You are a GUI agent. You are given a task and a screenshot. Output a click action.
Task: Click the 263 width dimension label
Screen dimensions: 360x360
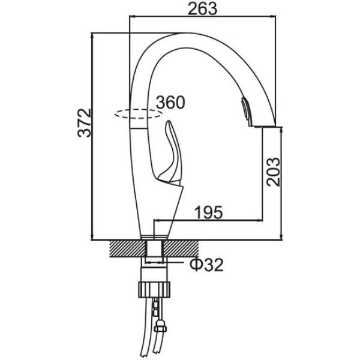tap(202, 9)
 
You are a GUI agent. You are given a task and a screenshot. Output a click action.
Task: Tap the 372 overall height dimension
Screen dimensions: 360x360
tap(85, 123)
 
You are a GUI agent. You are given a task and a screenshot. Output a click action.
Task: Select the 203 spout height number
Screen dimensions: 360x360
tap(274, 172)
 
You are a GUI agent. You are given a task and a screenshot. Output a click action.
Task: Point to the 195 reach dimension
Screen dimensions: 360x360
tap(208, 212)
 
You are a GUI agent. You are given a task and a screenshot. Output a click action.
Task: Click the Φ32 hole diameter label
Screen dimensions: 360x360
tap(206, 265)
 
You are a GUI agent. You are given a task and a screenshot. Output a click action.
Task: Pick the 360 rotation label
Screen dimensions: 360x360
tap(170, 103)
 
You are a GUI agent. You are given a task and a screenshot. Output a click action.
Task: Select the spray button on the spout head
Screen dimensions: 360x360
tap(245, 110)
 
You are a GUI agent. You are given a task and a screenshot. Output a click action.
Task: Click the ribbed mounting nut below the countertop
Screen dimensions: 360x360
tap(155, 290)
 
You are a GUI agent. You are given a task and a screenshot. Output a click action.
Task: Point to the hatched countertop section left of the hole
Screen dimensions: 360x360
tap(128, 248)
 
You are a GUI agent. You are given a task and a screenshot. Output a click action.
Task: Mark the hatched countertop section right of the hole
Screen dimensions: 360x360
tap(181, 248)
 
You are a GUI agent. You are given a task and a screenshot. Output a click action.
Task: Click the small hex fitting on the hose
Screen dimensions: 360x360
tap(160, 327)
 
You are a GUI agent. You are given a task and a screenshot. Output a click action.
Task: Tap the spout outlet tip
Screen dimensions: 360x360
tap(263, 126)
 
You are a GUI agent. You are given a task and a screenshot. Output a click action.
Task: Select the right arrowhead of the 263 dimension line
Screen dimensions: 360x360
tap(273, 16)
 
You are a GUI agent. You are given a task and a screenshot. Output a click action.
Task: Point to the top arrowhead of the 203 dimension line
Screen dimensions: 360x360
tap(281, 130)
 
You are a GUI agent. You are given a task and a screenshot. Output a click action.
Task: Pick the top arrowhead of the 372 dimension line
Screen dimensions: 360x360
tap(92, 36)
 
